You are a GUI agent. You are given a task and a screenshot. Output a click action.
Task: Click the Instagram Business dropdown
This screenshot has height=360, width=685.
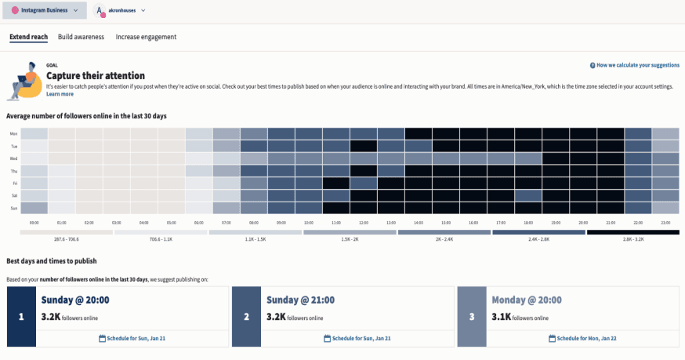coord(43,11)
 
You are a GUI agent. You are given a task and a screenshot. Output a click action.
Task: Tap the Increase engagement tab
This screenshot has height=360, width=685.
coord(146,37)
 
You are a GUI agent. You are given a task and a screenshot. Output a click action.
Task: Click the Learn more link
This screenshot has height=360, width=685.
coord(60,94)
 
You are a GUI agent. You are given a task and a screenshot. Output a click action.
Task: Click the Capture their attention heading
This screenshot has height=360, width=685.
coord(96,75)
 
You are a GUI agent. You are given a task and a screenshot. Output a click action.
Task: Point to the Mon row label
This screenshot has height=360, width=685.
coord(13,134)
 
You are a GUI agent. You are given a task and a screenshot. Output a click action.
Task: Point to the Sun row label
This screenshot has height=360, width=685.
coord(13,209)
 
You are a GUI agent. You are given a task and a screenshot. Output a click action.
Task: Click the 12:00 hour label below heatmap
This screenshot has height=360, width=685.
coord(364,223)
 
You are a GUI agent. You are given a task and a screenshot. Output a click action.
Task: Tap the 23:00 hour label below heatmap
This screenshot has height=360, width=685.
coord(665,223)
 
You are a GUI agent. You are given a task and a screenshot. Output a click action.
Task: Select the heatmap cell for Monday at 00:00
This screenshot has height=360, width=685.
coord(34,134)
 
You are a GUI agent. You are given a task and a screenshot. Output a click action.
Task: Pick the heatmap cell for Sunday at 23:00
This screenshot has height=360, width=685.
coord(665,209)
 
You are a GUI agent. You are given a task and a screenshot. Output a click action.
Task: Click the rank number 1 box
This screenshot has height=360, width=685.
coord(22,316)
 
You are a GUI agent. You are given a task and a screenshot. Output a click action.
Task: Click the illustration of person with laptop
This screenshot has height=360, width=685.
coord(24,81)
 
